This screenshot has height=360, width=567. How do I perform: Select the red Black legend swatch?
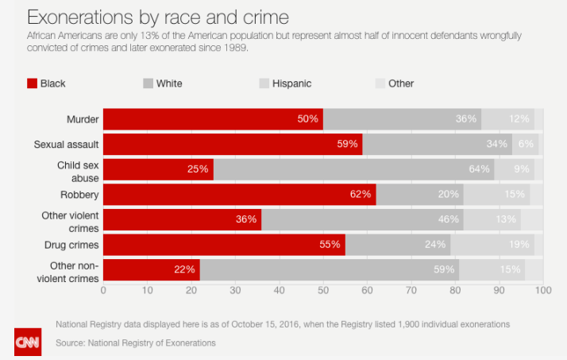[32, 83]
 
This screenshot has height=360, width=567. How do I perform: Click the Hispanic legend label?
[291, 83]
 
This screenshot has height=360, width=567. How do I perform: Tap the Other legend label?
[401, 83]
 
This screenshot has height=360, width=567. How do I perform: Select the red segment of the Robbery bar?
[239, 194]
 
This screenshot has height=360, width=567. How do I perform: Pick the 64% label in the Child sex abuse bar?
[479, 169]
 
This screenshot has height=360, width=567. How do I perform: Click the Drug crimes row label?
[73, 243]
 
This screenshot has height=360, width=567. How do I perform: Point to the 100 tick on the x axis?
[543, 291]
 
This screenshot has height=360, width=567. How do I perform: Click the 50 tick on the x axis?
[323, 291]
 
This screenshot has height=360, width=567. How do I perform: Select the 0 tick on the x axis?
[103, 291]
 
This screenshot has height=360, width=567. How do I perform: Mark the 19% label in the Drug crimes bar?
[519, 244]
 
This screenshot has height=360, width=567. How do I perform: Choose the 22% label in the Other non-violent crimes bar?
[185, 269]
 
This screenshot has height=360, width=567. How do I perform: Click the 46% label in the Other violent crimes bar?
[449, 219]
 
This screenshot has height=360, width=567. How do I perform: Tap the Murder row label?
[83, 119]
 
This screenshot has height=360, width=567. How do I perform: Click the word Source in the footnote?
[71, 343]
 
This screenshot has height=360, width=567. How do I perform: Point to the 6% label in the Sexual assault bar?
[526, 145]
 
